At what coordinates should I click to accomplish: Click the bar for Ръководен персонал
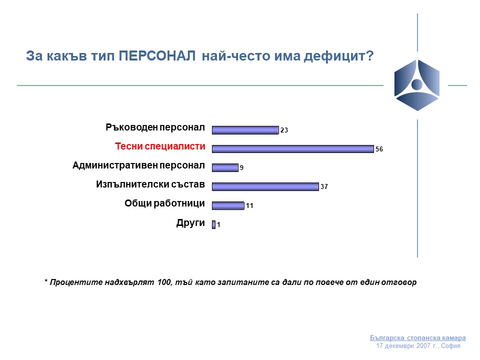(245, 130)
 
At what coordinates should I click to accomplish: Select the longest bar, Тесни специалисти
(292, 149)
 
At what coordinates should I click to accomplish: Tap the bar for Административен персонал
(225, 168)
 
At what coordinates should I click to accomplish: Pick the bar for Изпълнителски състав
(265, 186)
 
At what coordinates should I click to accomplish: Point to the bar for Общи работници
(228, 205)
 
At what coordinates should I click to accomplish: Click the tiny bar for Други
(213, 224)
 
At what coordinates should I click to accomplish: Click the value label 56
(379, 149)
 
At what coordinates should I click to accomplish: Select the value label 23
(284, 130)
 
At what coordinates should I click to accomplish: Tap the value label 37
(324, 186)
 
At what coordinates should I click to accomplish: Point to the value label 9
(241, 167)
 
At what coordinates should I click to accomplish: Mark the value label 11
(249, 205)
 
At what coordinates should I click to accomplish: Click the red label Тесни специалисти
(160, 146)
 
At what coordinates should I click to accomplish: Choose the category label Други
(190, 223)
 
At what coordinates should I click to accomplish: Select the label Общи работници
(164, 203)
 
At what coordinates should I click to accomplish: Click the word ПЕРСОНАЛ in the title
(157, 56)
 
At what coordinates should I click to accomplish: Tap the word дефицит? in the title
(338, 56)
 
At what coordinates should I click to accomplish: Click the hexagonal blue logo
(417, 85)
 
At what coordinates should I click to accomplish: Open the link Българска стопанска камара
(418, 337)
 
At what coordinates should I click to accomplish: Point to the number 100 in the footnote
(164, 282)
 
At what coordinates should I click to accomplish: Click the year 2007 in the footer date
(423, 346)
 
